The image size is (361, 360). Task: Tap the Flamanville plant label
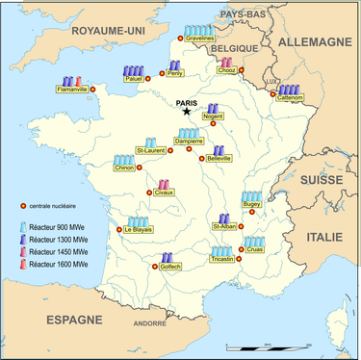69,89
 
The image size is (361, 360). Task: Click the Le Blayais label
141,229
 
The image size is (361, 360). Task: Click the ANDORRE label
149,324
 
